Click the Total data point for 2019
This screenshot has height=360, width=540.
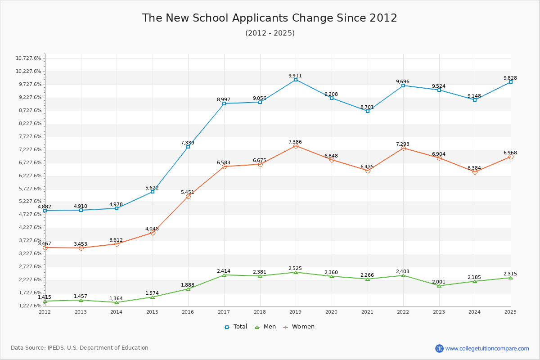(x=296, y=80)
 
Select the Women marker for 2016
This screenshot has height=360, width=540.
(x=188, y=196)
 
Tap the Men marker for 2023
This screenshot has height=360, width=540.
(x=439, y=286)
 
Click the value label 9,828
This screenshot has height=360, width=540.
(x=510, y=78)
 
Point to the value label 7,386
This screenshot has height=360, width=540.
(x=295, y=142)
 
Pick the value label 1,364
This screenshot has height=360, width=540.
(x=116, y=298)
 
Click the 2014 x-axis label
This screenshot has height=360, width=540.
(x=117, y=312)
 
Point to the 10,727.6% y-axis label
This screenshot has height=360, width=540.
(x=28, y=58)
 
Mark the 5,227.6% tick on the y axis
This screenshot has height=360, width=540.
(x=28, y=202)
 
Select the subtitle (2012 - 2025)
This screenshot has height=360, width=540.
(x=270, y=33)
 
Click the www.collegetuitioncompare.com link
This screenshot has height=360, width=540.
(x=487, y=348)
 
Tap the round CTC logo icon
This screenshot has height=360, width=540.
(x=439, y=348)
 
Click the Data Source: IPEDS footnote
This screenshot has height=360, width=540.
(x=80, y=348)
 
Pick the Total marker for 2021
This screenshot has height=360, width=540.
(x=368, y=111)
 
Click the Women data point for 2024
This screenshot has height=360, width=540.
(x=475, y=172)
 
